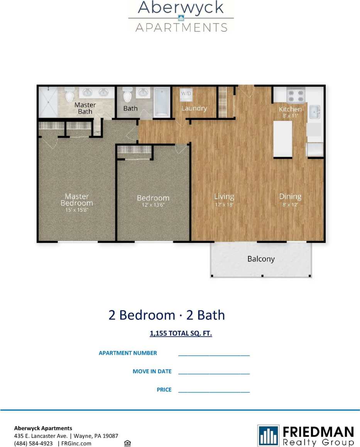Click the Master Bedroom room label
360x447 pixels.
(76, 199)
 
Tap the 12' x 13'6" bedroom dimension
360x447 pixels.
(153, 206)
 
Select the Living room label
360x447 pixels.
(224, 196)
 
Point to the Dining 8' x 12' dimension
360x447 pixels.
(290, 205)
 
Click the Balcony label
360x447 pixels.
(261, 259)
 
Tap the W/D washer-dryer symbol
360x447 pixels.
(186, 94)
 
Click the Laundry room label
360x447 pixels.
(194, 108)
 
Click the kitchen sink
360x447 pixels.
(314, 112)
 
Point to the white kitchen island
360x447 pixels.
(282, 139)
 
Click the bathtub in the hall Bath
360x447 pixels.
(162, 102)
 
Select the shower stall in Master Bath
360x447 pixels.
(48, 102)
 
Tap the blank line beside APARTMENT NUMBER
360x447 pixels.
(214, 354)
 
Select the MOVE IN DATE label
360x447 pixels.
(152, 371)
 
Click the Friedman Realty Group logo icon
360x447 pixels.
(269, 435)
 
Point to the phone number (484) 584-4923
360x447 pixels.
(34, 444)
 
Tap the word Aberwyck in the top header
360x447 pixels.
(181, 7)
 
